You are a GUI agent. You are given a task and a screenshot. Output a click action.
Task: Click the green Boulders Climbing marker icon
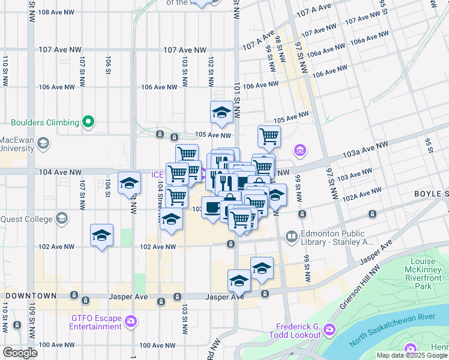pos(88,122)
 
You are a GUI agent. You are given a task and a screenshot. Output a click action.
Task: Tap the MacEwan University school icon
pos(43,143)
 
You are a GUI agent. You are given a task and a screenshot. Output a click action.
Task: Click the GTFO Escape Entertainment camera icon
pos(130,322)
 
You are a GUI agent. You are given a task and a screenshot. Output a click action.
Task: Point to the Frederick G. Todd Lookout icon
pos(329,329)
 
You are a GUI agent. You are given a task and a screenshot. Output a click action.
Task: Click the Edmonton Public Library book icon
pos(292,238)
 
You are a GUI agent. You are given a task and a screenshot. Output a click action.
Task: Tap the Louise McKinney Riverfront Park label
pos(427,274)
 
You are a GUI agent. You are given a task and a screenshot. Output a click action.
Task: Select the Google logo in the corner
pos(20,352)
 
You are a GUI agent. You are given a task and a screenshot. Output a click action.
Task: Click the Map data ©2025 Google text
pos(412,355)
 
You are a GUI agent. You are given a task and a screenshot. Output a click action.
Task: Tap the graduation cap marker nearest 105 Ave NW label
pos(221,112)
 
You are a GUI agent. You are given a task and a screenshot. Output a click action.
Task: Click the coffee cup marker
pos(212,208)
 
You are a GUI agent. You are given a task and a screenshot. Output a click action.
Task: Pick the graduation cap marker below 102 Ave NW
pos(262,268)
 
